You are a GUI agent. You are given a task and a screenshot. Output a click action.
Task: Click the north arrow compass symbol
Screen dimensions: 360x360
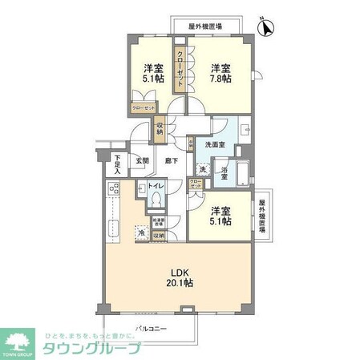coord(267,26)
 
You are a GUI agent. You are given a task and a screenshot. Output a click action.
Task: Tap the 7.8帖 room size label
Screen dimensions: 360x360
coord(221,73)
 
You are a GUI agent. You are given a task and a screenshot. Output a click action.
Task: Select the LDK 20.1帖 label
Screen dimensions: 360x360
coord(179,277)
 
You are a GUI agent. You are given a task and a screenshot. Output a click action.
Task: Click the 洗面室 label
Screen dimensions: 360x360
coord(214,144)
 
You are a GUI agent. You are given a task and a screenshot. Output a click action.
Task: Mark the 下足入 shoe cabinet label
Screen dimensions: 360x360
coord(117,163)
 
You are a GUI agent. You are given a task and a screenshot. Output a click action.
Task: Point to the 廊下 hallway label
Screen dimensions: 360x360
coord(172,160)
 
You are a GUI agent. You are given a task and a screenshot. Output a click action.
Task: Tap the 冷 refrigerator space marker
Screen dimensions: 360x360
coord(141,233)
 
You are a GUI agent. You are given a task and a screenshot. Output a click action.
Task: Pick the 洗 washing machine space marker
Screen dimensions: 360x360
coord(203,170)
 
